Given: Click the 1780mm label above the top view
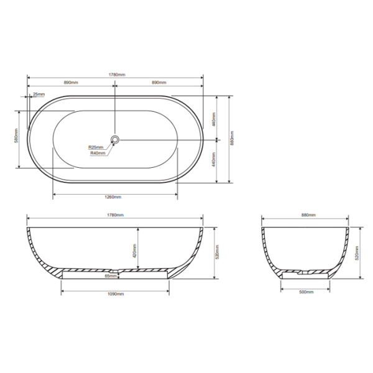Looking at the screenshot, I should (x=116, y=75).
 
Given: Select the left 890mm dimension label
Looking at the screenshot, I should (x=70, y=83).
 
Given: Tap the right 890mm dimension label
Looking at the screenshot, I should (x=160, y=83).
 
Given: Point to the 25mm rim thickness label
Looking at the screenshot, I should (x=39, y=94).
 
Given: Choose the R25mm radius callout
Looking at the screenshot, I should (x=96, y=147).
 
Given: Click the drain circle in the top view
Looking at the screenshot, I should (x=115, y=139).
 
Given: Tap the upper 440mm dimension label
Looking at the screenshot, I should (x=213, y=118).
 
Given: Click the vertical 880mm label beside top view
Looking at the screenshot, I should (x=232, y=140).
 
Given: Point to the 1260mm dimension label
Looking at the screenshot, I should (x=113, y=197).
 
